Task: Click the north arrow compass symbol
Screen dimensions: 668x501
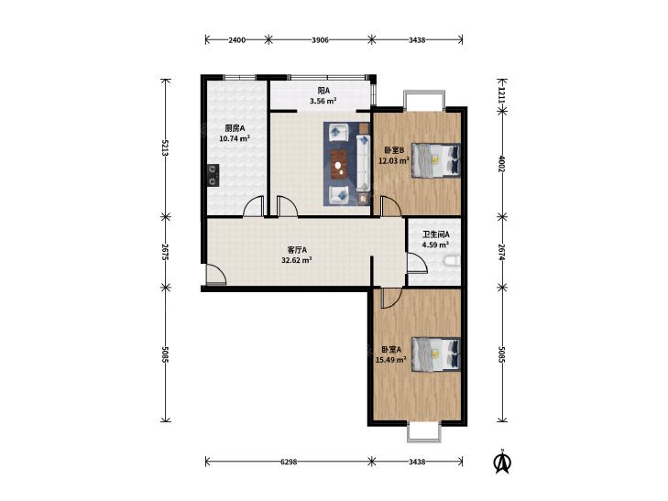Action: [x=503, y=462]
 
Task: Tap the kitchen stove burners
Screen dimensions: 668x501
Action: [x=213, y=175]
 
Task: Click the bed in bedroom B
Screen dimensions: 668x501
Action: [x=436, y=160]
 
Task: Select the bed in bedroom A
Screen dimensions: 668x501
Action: [x=436, y=354]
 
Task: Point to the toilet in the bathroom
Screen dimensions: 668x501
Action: [x=452, y=260]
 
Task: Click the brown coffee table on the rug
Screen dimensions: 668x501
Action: [x=339, y=164]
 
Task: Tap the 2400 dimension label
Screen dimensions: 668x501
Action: [x=236, y=40]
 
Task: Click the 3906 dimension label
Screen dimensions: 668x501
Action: [x=320, y=40]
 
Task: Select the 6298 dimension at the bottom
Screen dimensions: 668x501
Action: [x=289, y=462]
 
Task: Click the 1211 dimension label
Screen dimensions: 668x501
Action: [x=503, y=95]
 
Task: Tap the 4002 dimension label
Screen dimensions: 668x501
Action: [x=503, y=163]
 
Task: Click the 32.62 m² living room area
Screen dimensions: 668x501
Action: [x=297, y=259]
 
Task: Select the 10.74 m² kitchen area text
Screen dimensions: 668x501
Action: [x=235, y=138]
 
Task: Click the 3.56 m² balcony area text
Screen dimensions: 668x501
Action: [x=323, y=101]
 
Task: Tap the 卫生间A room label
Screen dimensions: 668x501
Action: [x=435, y=234]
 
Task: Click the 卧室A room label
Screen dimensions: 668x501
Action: [x=391, y=350]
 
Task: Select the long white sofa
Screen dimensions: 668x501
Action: [x=363, y=162]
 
